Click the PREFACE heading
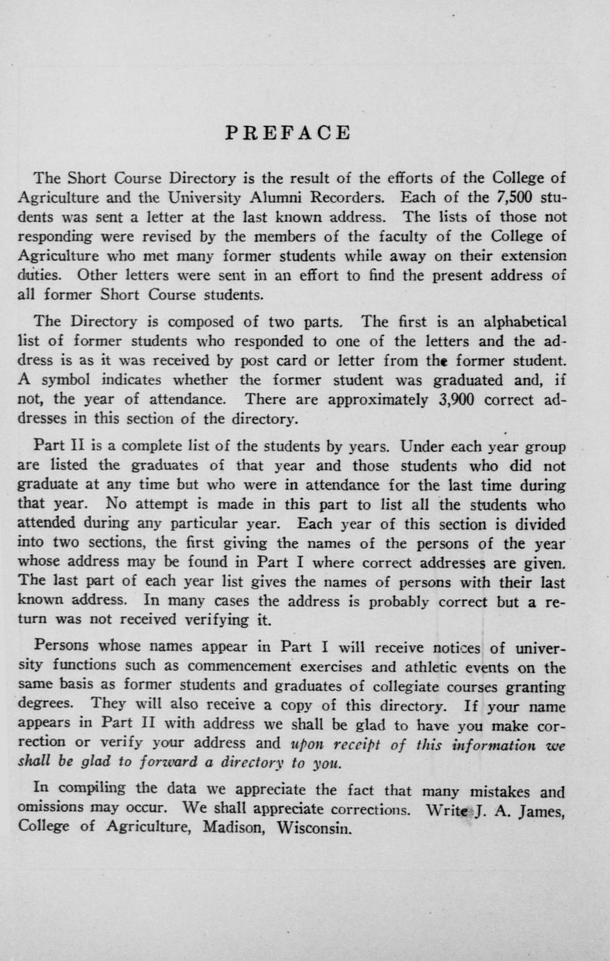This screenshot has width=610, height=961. click(x=289, y=133)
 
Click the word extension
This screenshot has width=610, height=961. click(x=531, y=256)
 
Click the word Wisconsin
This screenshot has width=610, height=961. click(x=312, y=829)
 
